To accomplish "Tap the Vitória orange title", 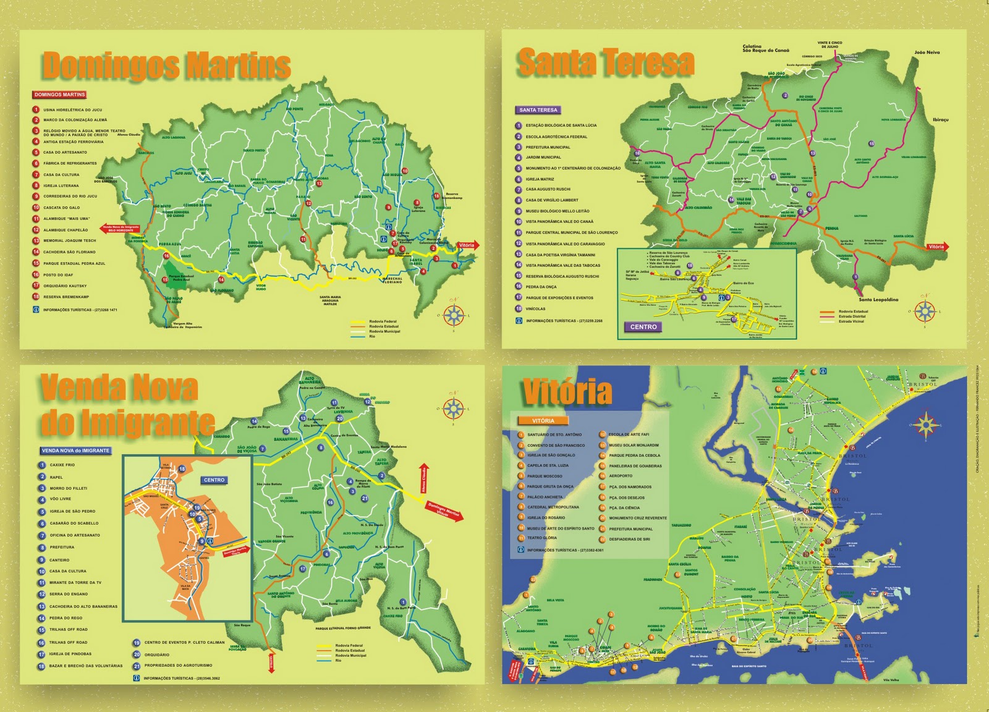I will [567, 391].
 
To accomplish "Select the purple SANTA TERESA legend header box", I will [538, 110].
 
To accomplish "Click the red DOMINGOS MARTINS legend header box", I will [60, 95].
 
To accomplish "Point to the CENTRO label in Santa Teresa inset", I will [643, 327].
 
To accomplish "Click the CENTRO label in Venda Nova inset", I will [214, 480].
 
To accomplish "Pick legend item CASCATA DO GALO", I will [62, 208].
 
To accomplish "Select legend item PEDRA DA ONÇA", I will [541, 287].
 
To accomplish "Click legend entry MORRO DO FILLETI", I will [69, 488].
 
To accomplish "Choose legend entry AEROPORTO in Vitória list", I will [621, 476].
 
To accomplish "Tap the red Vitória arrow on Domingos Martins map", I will [467, 245].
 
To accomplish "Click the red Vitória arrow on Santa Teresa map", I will [936, 247].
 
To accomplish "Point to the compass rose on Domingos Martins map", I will [454, 315].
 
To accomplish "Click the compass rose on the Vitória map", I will [925, 425].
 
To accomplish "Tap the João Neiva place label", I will [927, 53].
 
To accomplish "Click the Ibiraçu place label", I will [940, 119].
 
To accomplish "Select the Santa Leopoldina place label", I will [878, 300].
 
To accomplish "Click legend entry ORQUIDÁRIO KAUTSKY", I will [65, 286].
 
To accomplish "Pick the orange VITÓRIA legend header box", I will [543, 421].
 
